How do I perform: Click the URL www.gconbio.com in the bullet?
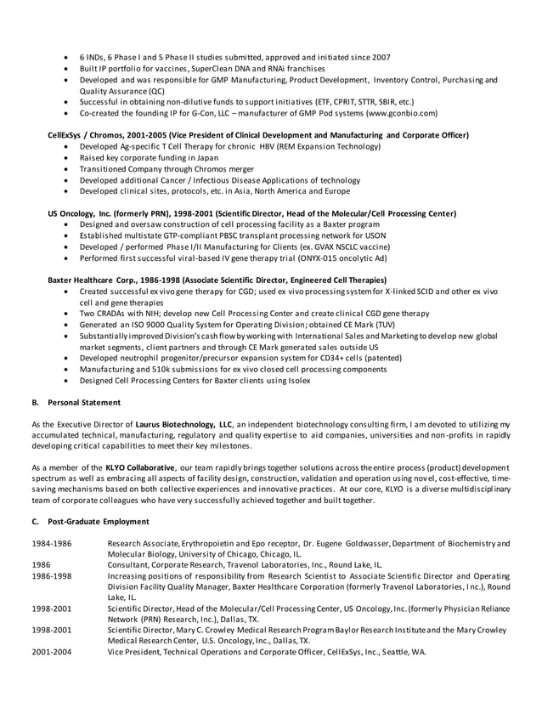[400, 112]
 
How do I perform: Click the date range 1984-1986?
[50, 542]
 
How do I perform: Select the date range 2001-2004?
[50, 652]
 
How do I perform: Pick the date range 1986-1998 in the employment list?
[50, 575]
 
